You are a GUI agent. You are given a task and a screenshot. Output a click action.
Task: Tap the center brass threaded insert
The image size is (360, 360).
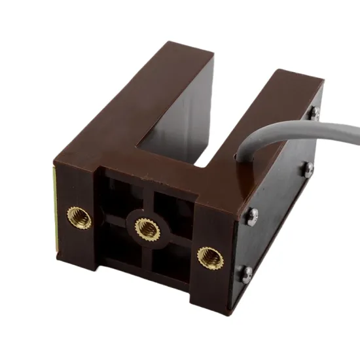tap(147, 228)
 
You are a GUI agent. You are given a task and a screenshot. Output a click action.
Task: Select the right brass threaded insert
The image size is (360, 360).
tap(210, 257)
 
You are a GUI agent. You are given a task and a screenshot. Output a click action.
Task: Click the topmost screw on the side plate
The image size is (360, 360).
tap(315, 113)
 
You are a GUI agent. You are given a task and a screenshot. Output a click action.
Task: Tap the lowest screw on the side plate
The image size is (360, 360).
tap(247, 274)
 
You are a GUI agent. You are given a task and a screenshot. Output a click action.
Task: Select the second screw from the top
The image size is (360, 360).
tap(308, 169)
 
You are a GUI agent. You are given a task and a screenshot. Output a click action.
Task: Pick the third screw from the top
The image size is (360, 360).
tap(251, 217)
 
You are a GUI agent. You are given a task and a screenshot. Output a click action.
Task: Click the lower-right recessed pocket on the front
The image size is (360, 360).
tap(171, 262)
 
